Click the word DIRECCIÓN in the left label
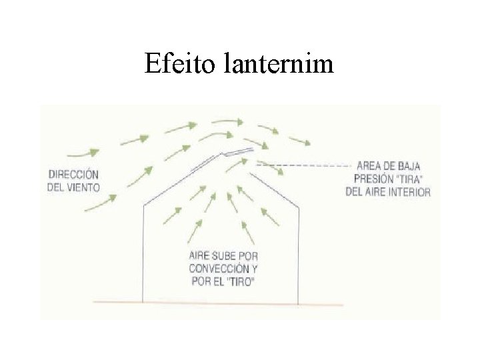point(73,175)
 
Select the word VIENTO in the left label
point(83,187)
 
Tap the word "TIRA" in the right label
point(409,179)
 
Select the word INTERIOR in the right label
point(408,191)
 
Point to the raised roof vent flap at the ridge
point(238,151)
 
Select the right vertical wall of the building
point(299,253)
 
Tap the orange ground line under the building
point(220,303)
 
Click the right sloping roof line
point(277,183)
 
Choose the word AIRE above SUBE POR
point(201,255)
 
